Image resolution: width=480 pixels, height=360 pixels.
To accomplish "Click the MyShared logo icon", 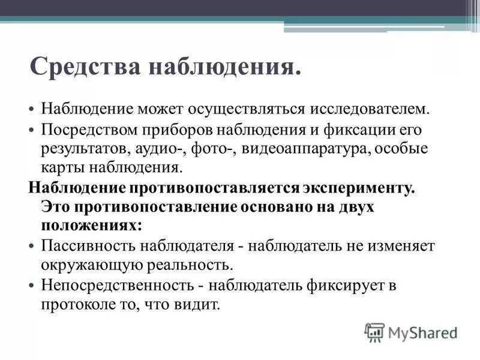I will (375, 332).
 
